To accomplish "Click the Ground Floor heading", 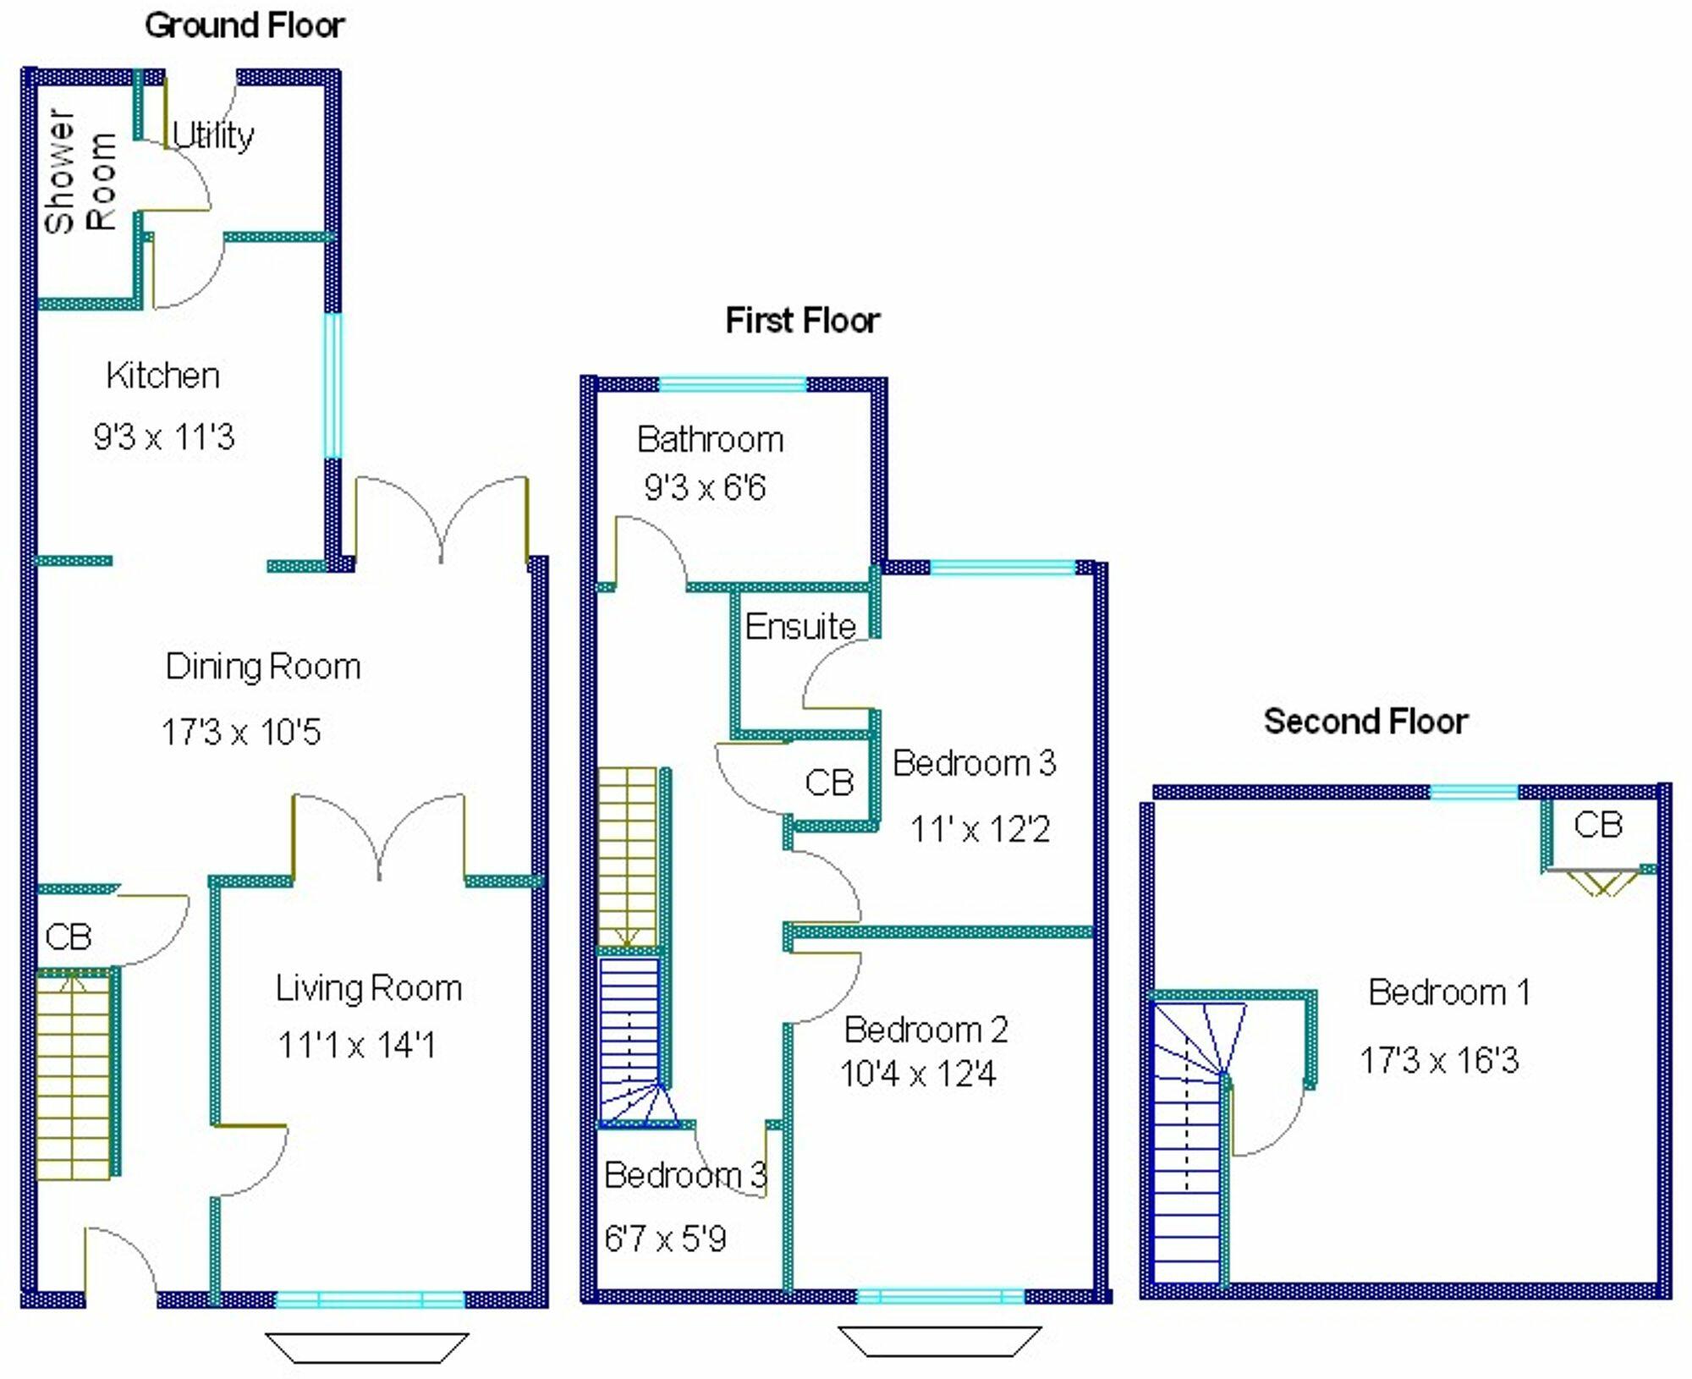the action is [x=244, y=25].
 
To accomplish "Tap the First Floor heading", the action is [x=803, y=321].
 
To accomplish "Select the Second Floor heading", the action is [x=1365, y=722].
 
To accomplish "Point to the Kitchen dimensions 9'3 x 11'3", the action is [x=164, y=437].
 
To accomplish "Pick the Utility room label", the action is [x=213, y=135].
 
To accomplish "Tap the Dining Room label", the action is [x=263, y=667].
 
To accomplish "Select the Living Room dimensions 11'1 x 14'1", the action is [x=357, y=1046].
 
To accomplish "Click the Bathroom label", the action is [x=711, y=439].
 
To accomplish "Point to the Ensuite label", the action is [x=800, y=627].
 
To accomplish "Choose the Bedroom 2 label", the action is [x=926, y=1030].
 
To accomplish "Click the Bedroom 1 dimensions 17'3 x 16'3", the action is [x=1439, y=1060].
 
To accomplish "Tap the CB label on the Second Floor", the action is [x=1598, y=825].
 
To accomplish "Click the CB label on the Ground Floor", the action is [x=69, y=937].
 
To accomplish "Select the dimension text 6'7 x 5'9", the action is [x=665, y=1239].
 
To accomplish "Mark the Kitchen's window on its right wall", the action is [x=333, y=387].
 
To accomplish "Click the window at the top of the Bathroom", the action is [x=733, y=385].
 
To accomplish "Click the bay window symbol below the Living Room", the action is [x=367, y=1348].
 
